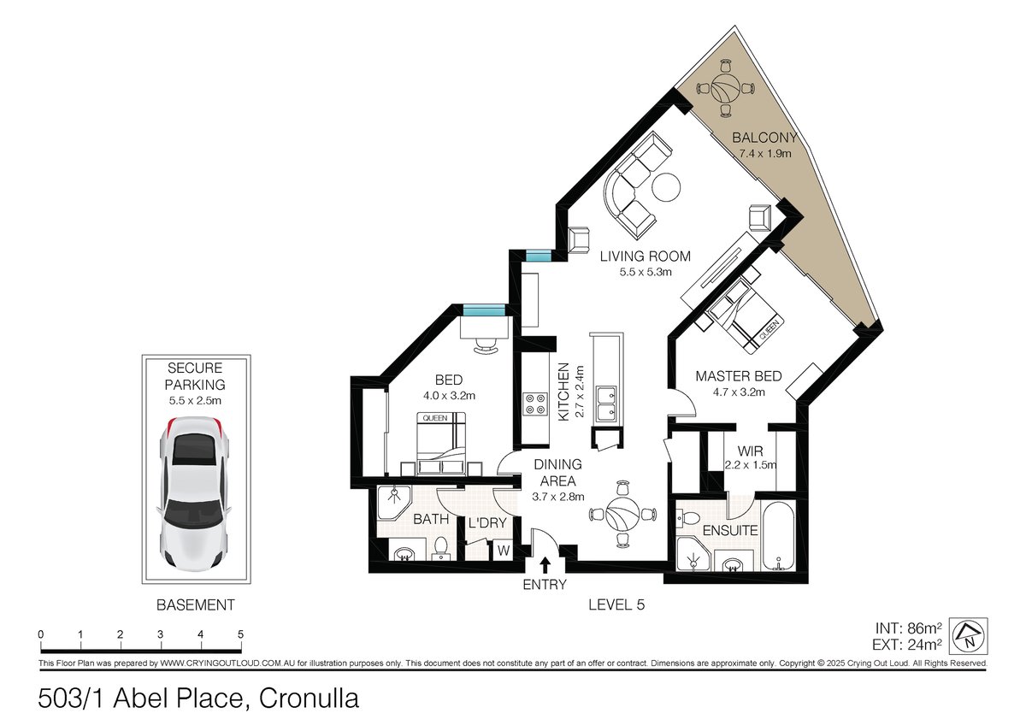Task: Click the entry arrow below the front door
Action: [x=545, y=565]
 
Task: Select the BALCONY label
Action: [x=764, y=138]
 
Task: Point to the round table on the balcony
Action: [x=726, y=88]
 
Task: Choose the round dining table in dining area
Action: [x=622, y=514]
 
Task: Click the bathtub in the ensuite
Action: [x=778, y=535]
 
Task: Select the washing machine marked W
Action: [x=504, y=550]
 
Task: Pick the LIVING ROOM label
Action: [x=645, y=256]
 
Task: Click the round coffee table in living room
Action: [x=666, y=187]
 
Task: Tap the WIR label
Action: [x=751, y=451]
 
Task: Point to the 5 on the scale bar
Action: [x=241, y=634]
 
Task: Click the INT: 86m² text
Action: [x=909, y=628]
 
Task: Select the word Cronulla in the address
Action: [x=309, y=698]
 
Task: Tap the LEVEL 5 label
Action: [x=616, y=605]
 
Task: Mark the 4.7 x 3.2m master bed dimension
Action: [x=739, y=392]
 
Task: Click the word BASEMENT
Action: [x=196, y=605]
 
